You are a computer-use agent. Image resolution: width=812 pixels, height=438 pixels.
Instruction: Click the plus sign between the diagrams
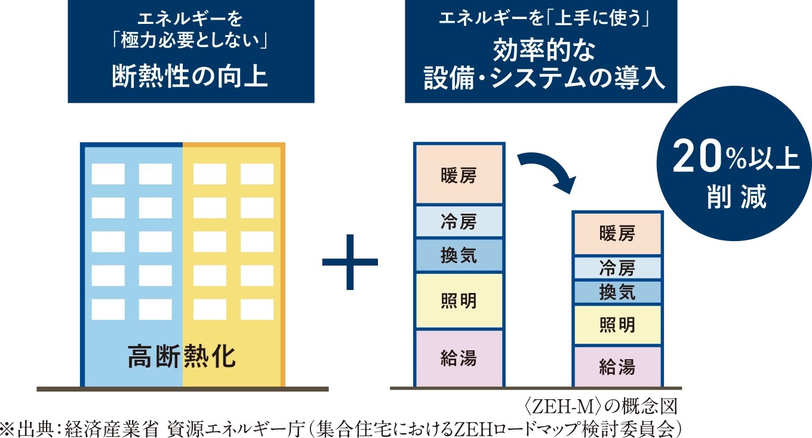click(350, 261)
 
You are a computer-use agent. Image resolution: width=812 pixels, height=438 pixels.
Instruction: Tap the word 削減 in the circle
click(736, 198)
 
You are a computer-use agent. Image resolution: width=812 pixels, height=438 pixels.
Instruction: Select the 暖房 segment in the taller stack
click(459, 176)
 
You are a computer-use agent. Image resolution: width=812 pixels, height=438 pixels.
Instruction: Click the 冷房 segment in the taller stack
click(459, 222)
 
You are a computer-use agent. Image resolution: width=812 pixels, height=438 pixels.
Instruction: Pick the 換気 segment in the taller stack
click(459, 255)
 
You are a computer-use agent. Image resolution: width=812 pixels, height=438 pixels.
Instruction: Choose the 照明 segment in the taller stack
click(459, 301)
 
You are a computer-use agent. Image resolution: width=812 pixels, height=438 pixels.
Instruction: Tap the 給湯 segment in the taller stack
click(459, 358)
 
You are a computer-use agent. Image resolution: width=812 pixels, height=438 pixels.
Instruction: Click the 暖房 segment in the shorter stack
click(617, 233)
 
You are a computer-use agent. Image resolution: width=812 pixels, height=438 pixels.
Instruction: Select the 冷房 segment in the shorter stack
click(617, 268)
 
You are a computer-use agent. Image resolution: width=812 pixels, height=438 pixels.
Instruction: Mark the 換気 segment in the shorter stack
click(617, 292)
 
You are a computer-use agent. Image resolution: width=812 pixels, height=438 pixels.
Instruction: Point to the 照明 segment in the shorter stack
click(617, 325)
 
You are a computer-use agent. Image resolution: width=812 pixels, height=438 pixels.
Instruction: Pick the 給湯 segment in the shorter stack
click(617, 366)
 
